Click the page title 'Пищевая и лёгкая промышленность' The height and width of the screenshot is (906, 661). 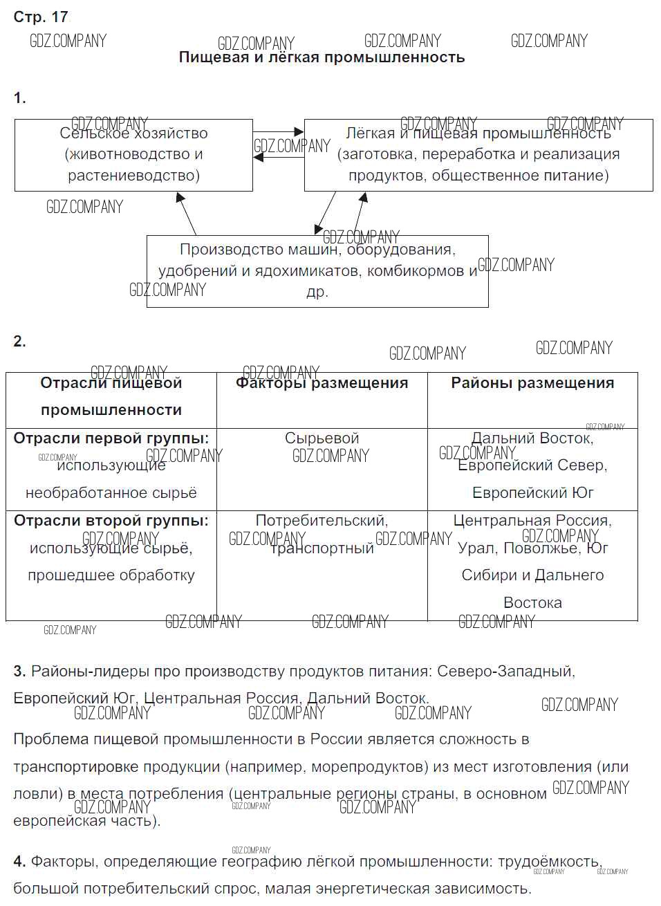(322, 57)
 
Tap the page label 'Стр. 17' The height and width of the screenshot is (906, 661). (41, 17)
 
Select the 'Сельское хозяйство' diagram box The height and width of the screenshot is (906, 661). (133, 155)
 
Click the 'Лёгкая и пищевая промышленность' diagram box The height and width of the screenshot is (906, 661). (478, 155)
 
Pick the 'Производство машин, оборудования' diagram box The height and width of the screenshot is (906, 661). (317, 271)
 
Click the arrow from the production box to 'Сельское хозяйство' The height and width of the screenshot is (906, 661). (187, 214)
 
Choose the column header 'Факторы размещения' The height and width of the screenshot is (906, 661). (322, 383)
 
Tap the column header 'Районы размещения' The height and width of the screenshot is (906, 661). (532, 383)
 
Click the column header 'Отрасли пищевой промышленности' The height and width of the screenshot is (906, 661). (111, 396)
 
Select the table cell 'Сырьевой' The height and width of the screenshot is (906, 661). (322, 438)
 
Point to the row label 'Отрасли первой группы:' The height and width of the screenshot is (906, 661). (111, 438)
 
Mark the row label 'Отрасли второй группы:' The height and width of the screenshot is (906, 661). (111, 520)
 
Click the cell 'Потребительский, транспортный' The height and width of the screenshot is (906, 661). (322, 534)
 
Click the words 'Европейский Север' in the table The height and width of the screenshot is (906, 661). (532, 465)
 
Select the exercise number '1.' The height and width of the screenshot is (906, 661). (20, 98)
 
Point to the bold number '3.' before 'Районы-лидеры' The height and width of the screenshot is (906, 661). (20, 671)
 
